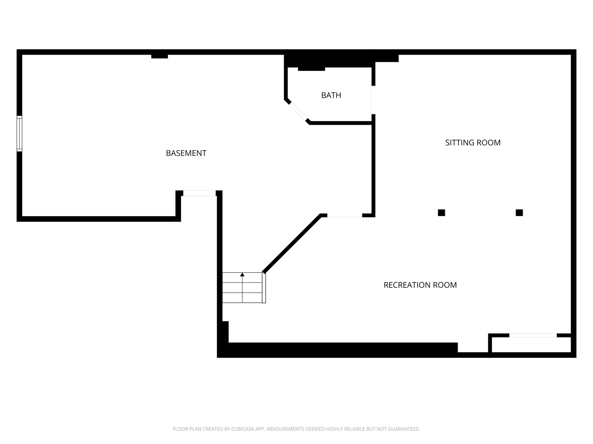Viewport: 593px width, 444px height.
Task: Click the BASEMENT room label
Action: click(186, 153)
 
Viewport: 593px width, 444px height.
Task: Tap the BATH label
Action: click(331, 95)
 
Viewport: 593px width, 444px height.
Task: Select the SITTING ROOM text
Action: click(473, 143)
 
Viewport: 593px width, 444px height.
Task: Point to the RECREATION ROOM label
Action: click(420, 285)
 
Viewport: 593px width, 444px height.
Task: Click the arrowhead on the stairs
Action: click(242, 274)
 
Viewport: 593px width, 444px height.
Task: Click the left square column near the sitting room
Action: click(442, 213)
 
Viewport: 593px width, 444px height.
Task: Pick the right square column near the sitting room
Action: click(519, 213)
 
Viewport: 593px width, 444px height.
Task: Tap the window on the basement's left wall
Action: click(19, 134)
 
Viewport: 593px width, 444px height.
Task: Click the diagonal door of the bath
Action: click(298, 111)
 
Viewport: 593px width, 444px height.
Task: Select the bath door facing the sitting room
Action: click(373, 100)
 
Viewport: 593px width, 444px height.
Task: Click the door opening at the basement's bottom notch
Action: click(199, 193)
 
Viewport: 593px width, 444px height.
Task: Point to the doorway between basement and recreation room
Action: click(344, 216)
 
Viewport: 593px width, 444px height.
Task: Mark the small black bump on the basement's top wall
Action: click(160, 56)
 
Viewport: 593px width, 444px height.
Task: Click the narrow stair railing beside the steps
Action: click(264, 288)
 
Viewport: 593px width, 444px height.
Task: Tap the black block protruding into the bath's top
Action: click(312, 69)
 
